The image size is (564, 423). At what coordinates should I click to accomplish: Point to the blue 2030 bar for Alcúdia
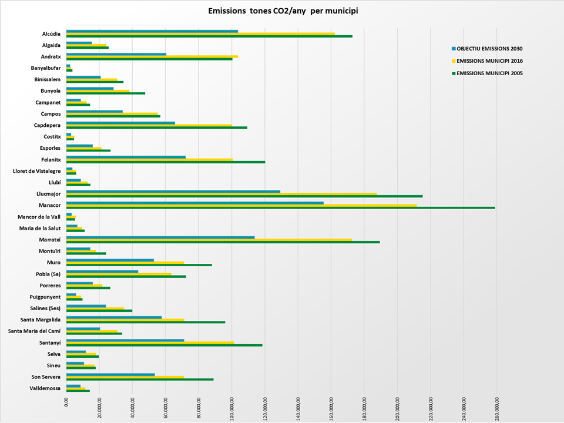click(152, 31)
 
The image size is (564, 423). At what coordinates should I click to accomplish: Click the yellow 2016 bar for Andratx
click(152, 56)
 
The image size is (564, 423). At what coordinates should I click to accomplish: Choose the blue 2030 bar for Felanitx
click(126, 157)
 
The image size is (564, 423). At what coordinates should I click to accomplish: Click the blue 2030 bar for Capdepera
click(120, 123)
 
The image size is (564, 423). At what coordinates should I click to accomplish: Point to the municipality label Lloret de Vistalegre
click(37, 171)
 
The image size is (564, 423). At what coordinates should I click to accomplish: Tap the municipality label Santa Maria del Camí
click(34, 331)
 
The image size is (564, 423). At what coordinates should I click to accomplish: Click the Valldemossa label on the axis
click(45, 388)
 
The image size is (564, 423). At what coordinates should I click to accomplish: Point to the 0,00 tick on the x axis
click(66, 402)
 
